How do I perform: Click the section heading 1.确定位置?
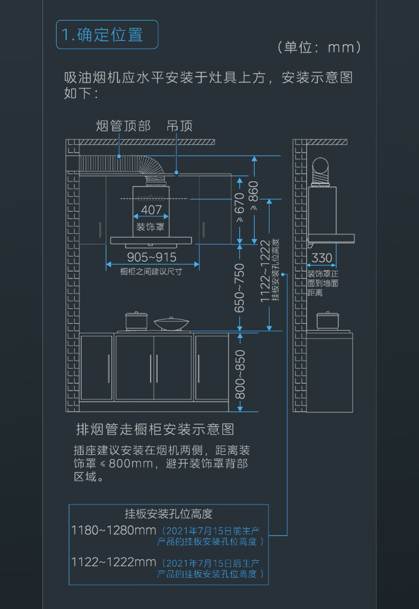click(x=107, y=35)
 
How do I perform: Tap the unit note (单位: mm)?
click(x=319, y=48)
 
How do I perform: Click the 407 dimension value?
click(x=151, y=210)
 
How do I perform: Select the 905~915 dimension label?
click(x=152, y=257)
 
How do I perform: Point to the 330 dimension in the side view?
click(x=322, y=258)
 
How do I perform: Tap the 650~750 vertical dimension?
click(x=240, y=287)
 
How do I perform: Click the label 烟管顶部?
click(x=123, y=126)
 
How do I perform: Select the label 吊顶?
click(x=179, y=126)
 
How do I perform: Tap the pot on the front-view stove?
click(x=135, y=321)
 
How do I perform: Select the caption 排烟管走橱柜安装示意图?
click(x=155, y=429)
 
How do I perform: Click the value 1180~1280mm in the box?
click(x=114, y=530)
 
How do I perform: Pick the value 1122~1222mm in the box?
click(x=114, y=562)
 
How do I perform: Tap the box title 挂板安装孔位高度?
click(x=169, y=514)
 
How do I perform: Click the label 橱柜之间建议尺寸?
click(x=151, y=272)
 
